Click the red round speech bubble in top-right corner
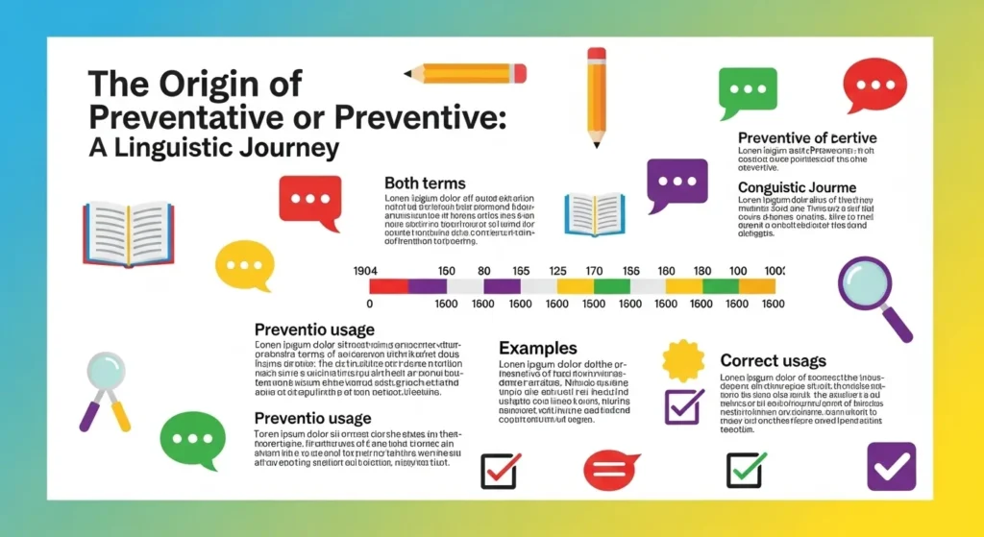pyautogui.click(x=874, y=84)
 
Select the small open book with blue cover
pyautogui.click(x=595, y=213)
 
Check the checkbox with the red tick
pyautogui.click(x=500, y=470)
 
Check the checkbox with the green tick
pyautogui.click(x=746, y=469)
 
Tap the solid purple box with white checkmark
pyautogui.click(x=891, y=466)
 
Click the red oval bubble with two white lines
pyautogui.click(x=612, y=469)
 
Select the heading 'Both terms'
pyautogui.click(x=425, y=183)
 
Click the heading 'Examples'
pyautogui.click(x=537, y=348)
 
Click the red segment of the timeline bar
pyautogui.click(x=388, y=286)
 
